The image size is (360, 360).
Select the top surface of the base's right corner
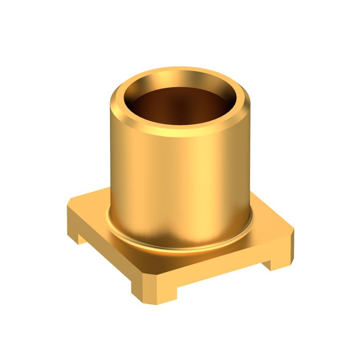coord(270,220)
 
